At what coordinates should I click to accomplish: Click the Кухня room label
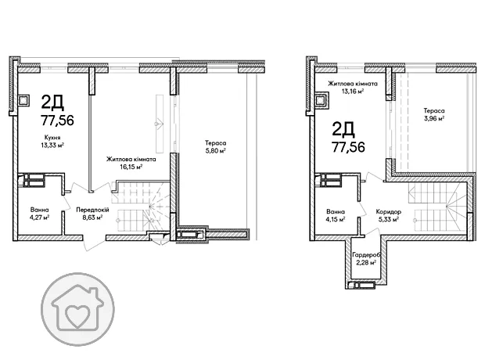[x=52, y=138]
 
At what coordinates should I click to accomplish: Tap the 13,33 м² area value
[x=52, y=145]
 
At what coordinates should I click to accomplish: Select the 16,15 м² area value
[x=131, y=167]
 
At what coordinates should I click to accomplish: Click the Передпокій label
[x=93, y=210]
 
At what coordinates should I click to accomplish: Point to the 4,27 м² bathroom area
[x=40, y=218]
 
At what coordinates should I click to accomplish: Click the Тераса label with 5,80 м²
[x=215, y=143]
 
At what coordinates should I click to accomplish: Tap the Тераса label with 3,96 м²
[x=434, y=110]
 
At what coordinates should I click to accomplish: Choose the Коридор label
[x=389, y=212]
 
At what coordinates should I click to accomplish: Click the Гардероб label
[x=366, y=255]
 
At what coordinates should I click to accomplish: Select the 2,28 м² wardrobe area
[x=366, y=262]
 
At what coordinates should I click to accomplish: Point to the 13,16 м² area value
[x=353, y=91]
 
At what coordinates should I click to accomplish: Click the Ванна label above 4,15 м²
[x=336, y=212]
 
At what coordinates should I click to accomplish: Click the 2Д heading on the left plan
[x=52, y=103]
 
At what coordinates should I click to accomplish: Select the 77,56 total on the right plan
[x=348, y=146]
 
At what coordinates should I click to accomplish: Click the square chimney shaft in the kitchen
[x=23, y=100]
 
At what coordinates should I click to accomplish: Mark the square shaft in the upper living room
[x=321, y=101]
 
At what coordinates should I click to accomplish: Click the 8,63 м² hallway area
[x=92, y=218]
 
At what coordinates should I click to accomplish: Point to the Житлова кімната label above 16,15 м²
[x=131, y=160]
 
